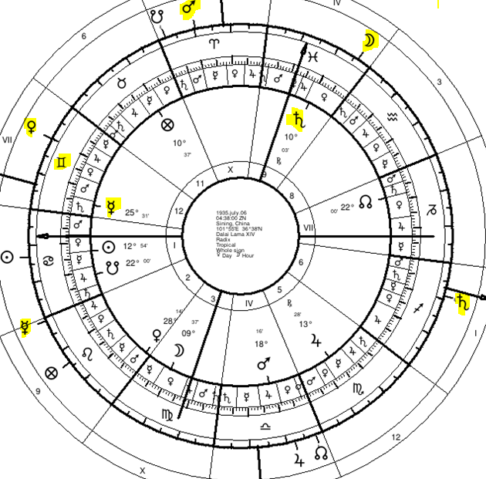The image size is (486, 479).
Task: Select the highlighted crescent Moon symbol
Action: tap(372, 41)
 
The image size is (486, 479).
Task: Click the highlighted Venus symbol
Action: tap(32, 126)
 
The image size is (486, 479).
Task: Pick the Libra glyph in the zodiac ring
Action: tap(265, 426)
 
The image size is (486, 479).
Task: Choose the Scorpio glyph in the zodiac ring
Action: tap(359, 390)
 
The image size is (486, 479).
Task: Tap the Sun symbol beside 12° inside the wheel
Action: tap(108, 247)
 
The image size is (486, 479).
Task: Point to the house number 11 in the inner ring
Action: tap(201, 183)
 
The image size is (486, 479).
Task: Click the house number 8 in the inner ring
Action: tap(291, 196)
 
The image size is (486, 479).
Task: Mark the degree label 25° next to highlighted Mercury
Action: tap(132, 213)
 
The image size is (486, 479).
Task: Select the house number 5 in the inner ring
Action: tap(279, 290)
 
